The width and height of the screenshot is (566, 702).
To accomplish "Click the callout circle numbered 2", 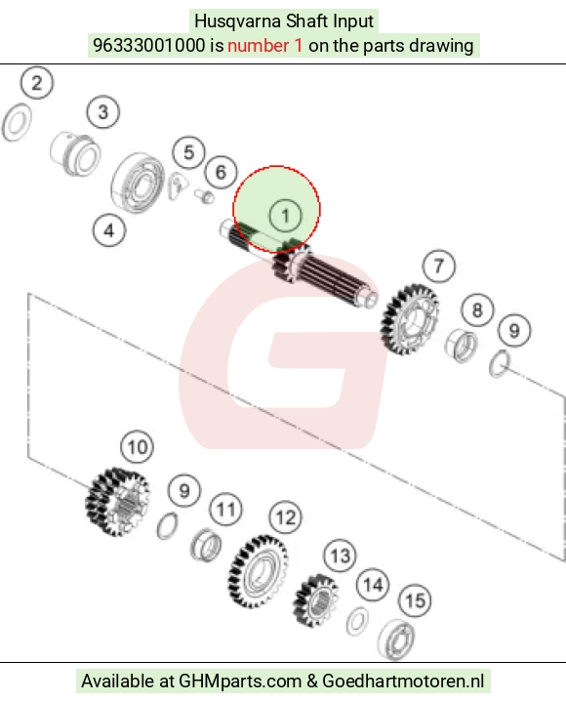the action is coord(37,83).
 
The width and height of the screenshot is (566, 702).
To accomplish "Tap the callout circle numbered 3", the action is coord(102,112).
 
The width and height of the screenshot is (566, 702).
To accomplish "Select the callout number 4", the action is coord(109,231).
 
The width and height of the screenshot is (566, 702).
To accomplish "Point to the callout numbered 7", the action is coord(438,267).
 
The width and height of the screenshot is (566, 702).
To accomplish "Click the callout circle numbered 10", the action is coord(138,447).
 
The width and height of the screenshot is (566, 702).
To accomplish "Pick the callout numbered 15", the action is coord(415,600).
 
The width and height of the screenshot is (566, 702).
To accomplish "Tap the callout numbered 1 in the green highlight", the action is coord(286,216).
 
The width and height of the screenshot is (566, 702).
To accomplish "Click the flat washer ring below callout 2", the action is coord(17,123).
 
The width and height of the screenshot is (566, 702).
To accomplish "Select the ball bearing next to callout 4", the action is coord(138,184).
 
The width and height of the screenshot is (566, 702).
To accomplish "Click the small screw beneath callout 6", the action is coord(204,195).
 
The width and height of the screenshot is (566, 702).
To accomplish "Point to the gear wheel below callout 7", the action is coord(409,318).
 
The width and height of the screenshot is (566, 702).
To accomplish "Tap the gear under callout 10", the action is coord(118,502).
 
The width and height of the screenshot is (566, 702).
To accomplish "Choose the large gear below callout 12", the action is coord(258,572).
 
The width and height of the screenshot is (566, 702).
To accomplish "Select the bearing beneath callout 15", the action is coord(396,640).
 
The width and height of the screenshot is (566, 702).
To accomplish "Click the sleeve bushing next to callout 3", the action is coord(75,154).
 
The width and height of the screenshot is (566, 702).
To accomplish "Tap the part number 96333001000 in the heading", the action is coord(149,46).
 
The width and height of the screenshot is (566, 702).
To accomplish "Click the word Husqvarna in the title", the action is coord(237,21).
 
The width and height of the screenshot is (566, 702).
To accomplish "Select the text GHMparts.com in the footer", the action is coord(240,681).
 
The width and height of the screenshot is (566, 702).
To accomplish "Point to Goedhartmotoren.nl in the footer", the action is coord(403,681).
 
